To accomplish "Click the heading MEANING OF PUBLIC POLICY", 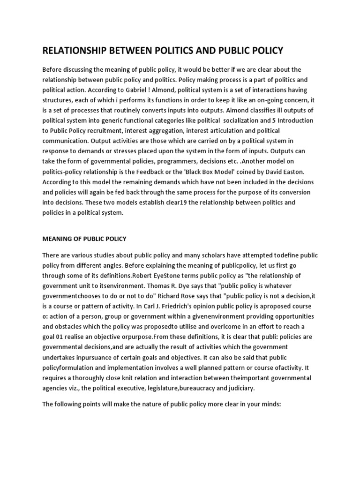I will [x=84, y=239].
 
